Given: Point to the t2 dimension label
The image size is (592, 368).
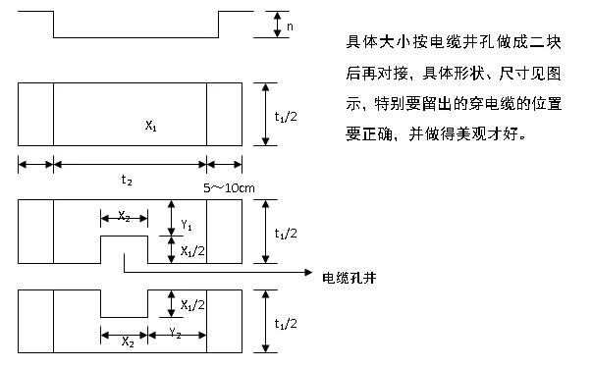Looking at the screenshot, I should point(127,181).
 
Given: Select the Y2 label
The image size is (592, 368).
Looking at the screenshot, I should point(175,333).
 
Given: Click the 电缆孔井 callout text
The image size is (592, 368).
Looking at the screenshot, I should point(351,278).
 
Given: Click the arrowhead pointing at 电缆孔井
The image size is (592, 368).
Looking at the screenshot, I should point(305,271).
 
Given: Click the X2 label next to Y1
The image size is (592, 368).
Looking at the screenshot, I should point(124,216).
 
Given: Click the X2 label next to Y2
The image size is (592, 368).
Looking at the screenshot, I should point(128,342).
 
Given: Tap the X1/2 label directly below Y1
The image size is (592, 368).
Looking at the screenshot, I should point(192,252).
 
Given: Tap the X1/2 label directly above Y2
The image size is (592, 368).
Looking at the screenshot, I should point(192,304).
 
